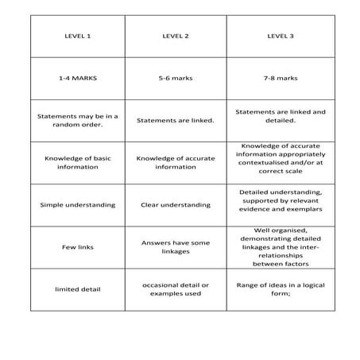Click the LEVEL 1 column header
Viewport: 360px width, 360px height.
tap(77, 36)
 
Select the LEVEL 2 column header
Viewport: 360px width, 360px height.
tap(175, 36)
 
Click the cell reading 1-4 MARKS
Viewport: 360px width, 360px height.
tap(77, 79)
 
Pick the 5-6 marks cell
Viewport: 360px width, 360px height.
tap(175, 79)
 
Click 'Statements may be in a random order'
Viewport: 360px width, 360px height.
tap(77, 120)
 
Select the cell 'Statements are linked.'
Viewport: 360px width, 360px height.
tap(175, 121)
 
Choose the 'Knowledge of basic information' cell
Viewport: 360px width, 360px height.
tap(77, 162)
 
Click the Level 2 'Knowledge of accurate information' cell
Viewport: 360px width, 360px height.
tap(175, 162)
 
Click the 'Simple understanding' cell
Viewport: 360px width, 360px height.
tap(77, 204)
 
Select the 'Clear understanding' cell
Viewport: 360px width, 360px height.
tap(175, 204)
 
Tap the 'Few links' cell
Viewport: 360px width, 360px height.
tap(77, 247)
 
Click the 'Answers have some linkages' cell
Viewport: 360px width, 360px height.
tap(175, 246)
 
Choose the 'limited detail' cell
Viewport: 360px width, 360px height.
tap(77, 289)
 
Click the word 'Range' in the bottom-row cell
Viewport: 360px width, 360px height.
tap(249, 284)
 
